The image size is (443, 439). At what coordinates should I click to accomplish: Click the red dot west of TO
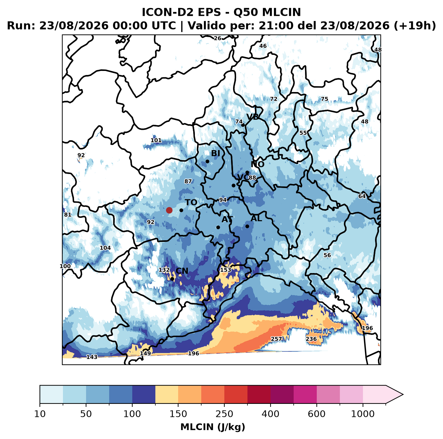pyautogui.click(x=169, y=210)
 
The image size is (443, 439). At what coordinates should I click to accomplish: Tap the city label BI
pyautogui.click(x=215, y=153)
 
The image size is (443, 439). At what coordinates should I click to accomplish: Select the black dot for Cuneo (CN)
pyautogui.click(x=172, y=279)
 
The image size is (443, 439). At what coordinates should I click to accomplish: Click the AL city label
pyautogui.click(x=256, y=218)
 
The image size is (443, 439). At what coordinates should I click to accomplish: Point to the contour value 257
pyautogui.click(x=276, y=339)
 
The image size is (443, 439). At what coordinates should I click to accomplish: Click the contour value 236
pyautogui.click(x=311, y=339)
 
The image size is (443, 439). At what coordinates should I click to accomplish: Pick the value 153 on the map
pyautogui.click(x=226, y=270)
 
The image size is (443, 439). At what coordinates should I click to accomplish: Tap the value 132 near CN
pyautogui.click(x=164, y=270)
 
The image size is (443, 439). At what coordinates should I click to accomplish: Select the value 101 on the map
pyautogui.click(x=156, y=140)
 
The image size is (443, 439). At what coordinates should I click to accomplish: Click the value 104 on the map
pyautogui.click(x=105, y=248)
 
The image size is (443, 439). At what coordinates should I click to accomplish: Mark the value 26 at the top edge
pyautogui.click(x=217, y=38)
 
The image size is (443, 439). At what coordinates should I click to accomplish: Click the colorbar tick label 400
pyautogui.click(x=270, y=414)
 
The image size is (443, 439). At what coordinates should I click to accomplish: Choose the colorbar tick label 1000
pyautogui.click(x=363, y=414)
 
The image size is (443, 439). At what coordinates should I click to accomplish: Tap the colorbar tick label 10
pyautogui.click(x=40, y=414)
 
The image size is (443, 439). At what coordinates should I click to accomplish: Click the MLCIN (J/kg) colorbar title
pyautogui.click(x=213, y=427)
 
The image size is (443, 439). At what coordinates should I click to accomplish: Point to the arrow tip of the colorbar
pyautogui.click(x=403, y=394)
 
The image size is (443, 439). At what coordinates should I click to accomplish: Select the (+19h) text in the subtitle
pyautogui.click(x=415, y=26)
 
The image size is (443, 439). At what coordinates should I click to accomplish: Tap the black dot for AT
pyautogui.click(x=218, y=228)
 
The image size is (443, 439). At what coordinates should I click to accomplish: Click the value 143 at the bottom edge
pyautogui.click(x=92, y=357)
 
